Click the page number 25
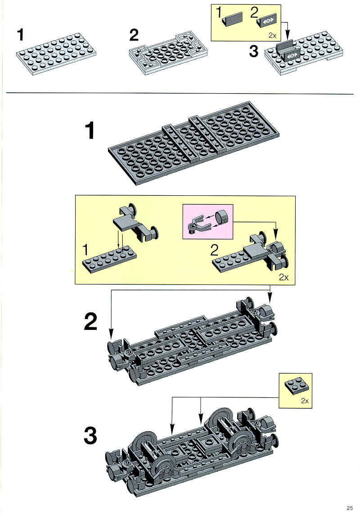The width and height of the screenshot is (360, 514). (350, 508)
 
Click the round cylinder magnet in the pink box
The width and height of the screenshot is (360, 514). (221, 217)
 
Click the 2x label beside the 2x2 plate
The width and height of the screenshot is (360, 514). (305, 401)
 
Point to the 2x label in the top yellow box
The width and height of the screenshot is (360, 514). (272, 35)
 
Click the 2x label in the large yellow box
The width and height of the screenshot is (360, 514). (283, 277)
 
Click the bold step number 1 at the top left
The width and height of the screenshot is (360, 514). (21, 35)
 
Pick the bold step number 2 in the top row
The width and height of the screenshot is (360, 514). (134, 35)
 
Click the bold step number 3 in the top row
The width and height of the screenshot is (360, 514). (254, 51)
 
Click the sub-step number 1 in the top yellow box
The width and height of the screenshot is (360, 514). (219, 13)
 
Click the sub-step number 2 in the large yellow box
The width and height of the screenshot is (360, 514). (214, 250)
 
